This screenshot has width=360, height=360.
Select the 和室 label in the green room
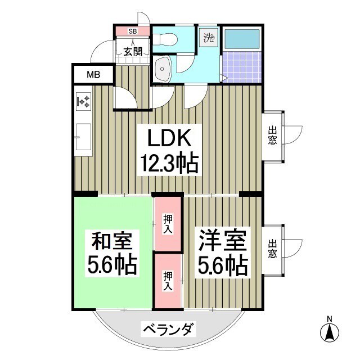click(x=111, y=242)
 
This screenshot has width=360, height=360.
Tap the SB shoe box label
click(x=133, y=31)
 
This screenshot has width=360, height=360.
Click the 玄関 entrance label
click(x=133, y=52)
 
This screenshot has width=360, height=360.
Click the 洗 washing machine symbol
click(x=209, y=38)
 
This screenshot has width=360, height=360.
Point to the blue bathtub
click(x=241, y=39)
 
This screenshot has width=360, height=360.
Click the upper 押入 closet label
click(x=168, y=224)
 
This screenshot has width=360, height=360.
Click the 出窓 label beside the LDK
click(x=272, y=136)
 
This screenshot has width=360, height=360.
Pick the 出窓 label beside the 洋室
click(x=272, y=249)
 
